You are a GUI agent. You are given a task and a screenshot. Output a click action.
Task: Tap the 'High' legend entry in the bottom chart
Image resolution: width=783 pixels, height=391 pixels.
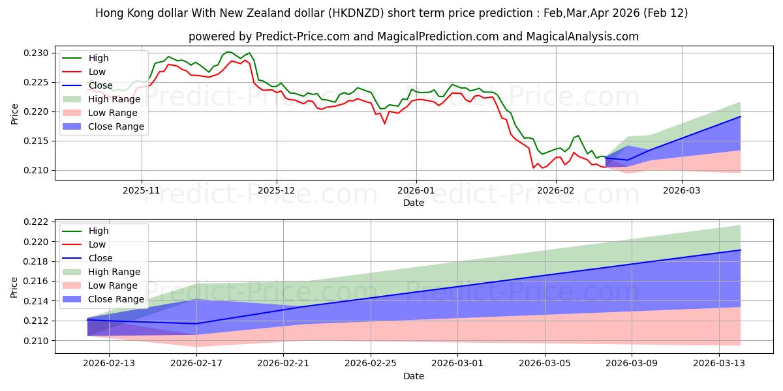click(98, 231)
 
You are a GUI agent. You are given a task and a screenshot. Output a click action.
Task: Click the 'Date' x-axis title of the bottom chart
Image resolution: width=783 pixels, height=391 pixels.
click(413, 376)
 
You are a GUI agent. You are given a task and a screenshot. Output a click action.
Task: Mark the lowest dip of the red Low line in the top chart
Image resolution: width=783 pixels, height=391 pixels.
click(534, 168)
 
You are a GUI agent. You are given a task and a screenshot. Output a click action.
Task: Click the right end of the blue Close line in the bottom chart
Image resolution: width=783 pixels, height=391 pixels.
click(741, 250)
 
